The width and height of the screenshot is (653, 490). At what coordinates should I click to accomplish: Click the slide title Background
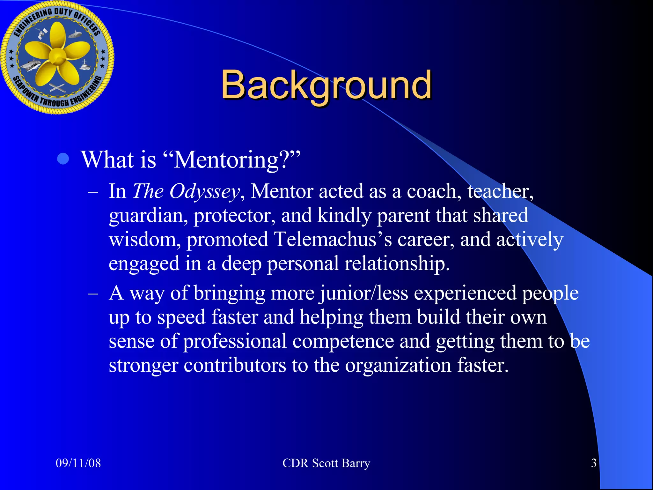click(x=326, y=85)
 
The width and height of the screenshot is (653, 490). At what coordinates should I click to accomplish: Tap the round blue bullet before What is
click(x=63, y=159)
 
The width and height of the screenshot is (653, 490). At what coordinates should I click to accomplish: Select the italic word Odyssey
click(x=204, y=191)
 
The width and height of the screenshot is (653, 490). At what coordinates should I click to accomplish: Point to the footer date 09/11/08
click(x=78, y=463)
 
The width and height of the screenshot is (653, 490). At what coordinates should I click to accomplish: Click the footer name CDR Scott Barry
click(x=326, y=463)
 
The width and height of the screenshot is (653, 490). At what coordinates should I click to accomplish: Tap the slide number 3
click(x=594, y=463)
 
